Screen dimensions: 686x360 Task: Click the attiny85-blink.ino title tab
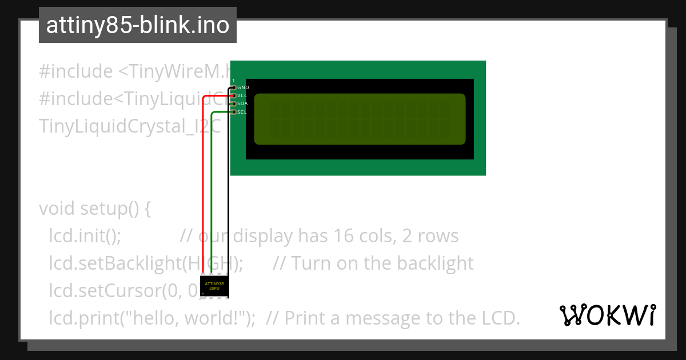point(137,25)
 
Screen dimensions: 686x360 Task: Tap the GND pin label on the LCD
point(243,87)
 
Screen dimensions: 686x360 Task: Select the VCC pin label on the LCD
point(242,95)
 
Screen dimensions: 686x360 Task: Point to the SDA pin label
point(242,103)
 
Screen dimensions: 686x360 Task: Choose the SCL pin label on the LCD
point(242,112)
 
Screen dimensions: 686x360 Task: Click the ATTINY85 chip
point(214,286)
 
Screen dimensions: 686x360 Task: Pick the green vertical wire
point(212,194)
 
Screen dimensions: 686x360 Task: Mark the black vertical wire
point(228,194)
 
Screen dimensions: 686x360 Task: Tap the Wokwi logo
point(608,315)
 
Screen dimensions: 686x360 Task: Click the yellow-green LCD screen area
point(360,119)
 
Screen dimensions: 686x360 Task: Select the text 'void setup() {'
point(94,209)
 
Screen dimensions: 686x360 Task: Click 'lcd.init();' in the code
point(85,236)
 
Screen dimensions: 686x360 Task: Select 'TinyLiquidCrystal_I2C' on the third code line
point(129,126)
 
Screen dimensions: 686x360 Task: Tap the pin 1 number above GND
point(233,80)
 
